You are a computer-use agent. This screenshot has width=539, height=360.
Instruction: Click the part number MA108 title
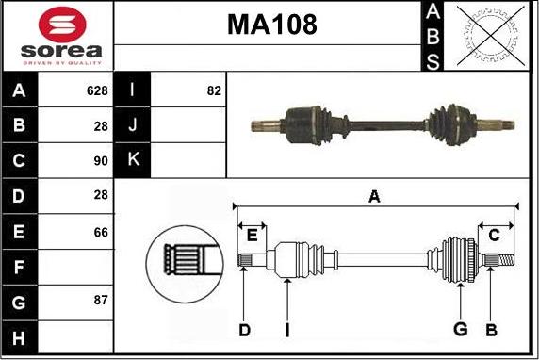tap(272, 25)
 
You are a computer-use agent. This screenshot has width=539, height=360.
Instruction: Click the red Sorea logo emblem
tap(62, 25)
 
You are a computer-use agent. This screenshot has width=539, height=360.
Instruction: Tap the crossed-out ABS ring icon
tap(491, 36)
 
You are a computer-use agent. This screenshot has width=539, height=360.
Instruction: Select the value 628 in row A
tap(97, 90)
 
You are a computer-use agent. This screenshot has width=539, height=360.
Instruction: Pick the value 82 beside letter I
tap(214, 90)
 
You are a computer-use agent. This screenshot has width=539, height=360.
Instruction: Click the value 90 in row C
tap(101, 161)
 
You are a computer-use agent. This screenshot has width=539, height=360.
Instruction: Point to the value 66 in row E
tap(101, 233)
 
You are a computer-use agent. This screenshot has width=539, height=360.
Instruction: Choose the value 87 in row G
tap(101, 301)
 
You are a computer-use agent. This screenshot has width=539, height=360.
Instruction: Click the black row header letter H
tap(19, 337)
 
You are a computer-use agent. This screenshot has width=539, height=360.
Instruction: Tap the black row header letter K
tap(133, 159)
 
